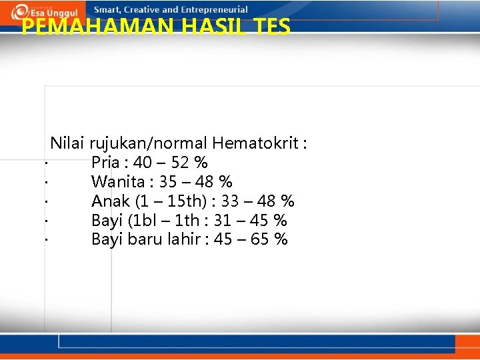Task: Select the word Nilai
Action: coord(68,143)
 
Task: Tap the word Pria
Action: coord(105,162)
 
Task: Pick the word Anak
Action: coord(111,201)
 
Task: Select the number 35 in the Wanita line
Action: coord(169,181)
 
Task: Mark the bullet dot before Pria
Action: coord(45,162)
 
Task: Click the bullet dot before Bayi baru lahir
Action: coord(45,239)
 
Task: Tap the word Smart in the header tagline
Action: coord(107,10)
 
